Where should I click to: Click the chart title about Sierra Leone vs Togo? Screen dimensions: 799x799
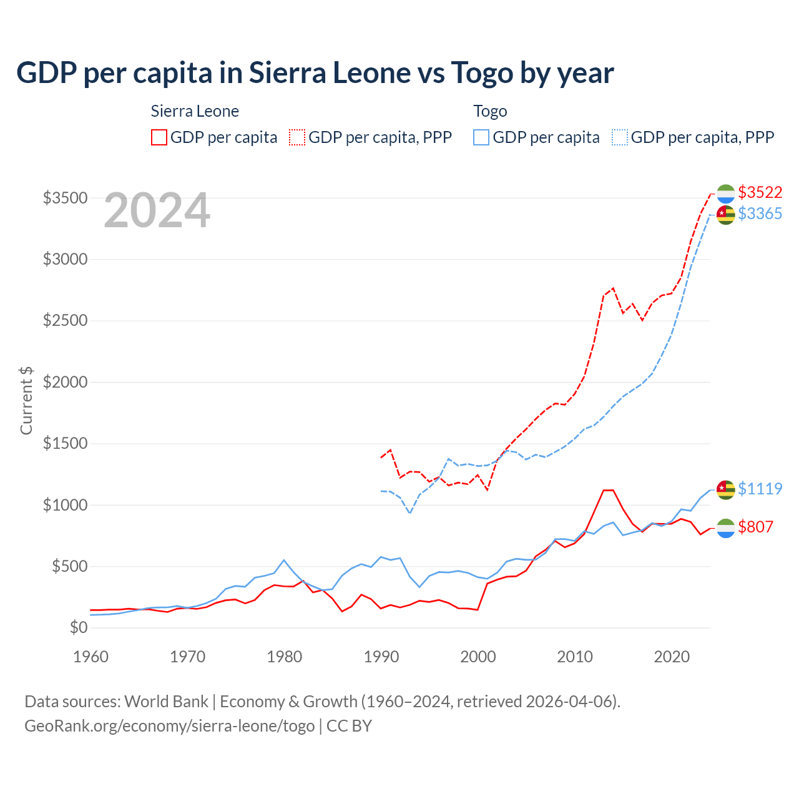[x=315, y=73]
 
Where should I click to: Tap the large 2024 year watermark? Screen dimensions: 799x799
[x=157, y=211]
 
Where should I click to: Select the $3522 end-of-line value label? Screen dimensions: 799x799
[x=760, y=192]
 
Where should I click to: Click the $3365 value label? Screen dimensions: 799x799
[x=760, y=213]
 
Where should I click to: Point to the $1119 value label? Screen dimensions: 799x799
[x=760, y=489]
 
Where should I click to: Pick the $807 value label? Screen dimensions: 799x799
[x=755, y=527]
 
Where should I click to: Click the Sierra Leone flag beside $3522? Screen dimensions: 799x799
[x=725, y=194]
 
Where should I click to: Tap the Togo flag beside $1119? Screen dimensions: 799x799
[x=725, y=490]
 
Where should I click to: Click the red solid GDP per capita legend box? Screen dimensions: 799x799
[x=159, y=137]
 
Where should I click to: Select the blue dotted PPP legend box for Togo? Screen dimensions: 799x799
[x=620, y=137]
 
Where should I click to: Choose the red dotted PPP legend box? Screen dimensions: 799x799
[x=297, y=137]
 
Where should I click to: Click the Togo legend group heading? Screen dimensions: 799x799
[x=490, y=111]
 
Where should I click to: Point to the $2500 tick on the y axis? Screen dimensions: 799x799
[x=65, y=321]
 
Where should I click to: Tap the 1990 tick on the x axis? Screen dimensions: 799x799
[x=381, y=657]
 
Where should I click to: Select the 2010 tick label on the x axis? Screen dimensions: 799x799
[x=574, y=657]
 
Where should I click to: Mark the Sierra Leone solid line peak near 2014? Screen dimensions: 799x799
[x=609, y=490]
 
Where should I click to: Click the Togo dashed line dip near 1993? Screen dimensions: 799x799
[x=409, y=513]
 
